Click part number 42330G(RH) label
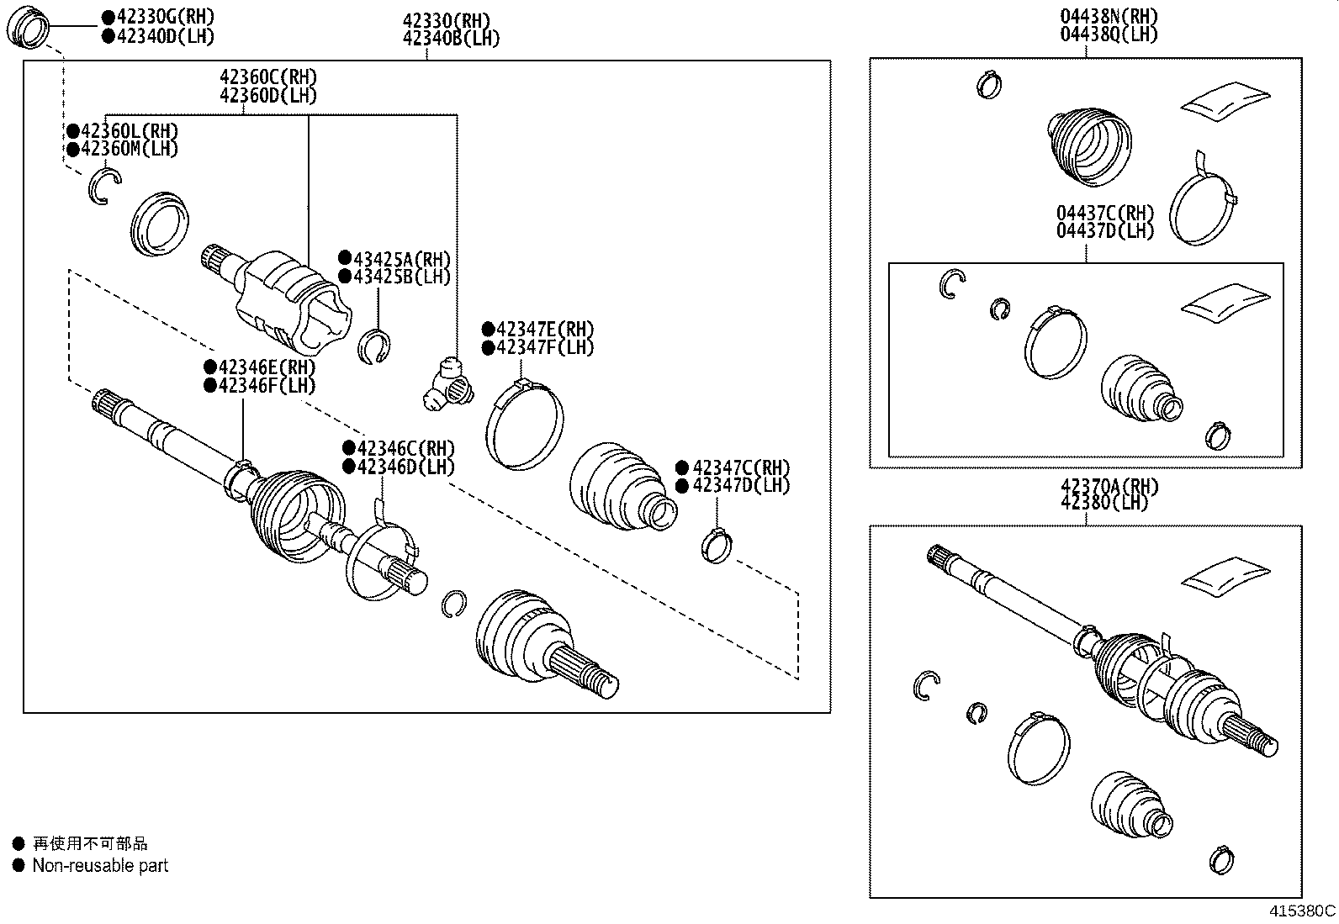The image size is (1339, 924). [165, 17]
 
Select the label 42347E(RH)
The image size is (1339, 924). [545, 329]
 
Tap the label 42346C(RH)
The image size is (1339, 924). [405, 449]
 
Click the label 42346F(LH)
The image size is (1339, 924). [267, 386]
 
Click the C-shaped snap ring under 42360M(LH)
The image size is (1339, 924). [103, 185]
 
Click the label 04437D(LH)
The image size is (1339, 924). [1105, 231]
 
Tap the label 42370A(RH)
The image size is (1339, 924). [1109, 486]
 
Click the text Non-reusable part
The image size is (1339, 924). [100, 865]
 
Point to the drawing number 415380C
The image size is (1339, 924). [1302, 911]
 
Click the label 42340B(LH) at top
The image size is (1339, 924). [451, 39]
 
